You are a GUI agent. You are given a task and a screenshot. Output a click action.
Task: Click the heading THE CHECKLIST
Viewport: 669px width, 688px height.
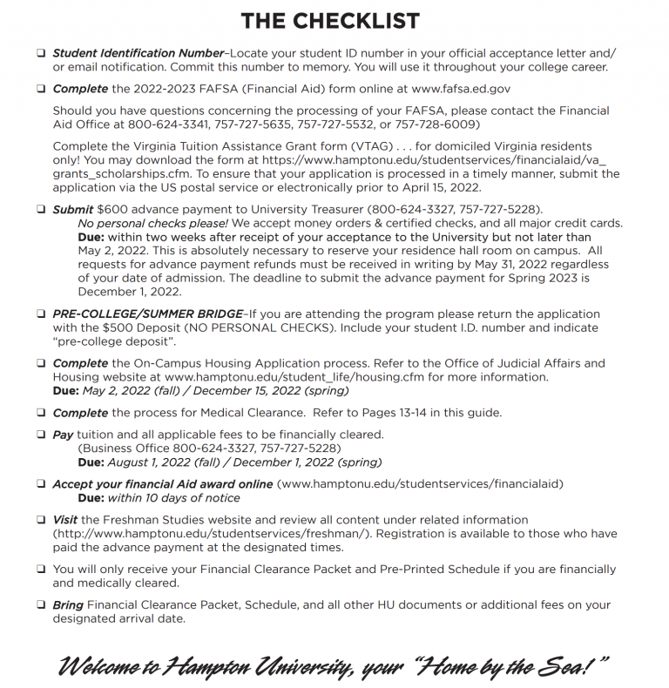[x=330, y=21]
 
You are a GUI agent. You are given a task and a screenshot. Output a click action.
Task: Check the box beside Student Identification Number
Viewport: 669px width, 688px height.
[x=41, y=54]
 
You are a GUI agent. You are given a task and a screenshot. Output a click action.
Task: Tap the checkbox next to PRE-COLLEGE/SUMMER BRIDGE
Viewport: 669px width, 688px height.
[x=41, y=314]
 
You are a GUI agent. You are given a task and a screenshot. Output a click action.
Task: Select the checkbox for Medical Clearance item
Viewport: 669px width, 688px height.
[x=41, y=412]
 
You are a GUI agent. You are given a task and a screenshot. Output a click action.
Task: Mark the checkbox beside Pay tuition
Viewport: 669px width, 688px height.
[x=41, y=434]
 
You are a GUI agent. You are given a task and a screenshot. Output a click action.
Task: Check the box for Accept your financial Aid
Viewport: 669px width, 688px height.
[x=41, y=483]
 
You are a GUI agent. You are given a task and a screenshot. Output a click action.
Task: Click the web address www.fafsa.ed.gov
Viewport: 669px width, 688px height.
[x=445, y=89]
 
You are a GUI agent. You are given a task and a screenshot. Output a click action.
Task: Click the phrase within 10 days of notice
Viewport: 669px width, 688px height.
[x=173, y=498]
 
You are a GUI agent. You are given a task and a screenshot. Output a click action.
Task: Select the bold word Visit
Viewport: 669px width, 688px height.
[x=67, y=520]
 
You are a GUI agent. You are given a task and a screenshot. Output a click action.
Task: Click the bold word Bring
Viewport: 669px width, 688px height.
[x=69, y=604]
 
